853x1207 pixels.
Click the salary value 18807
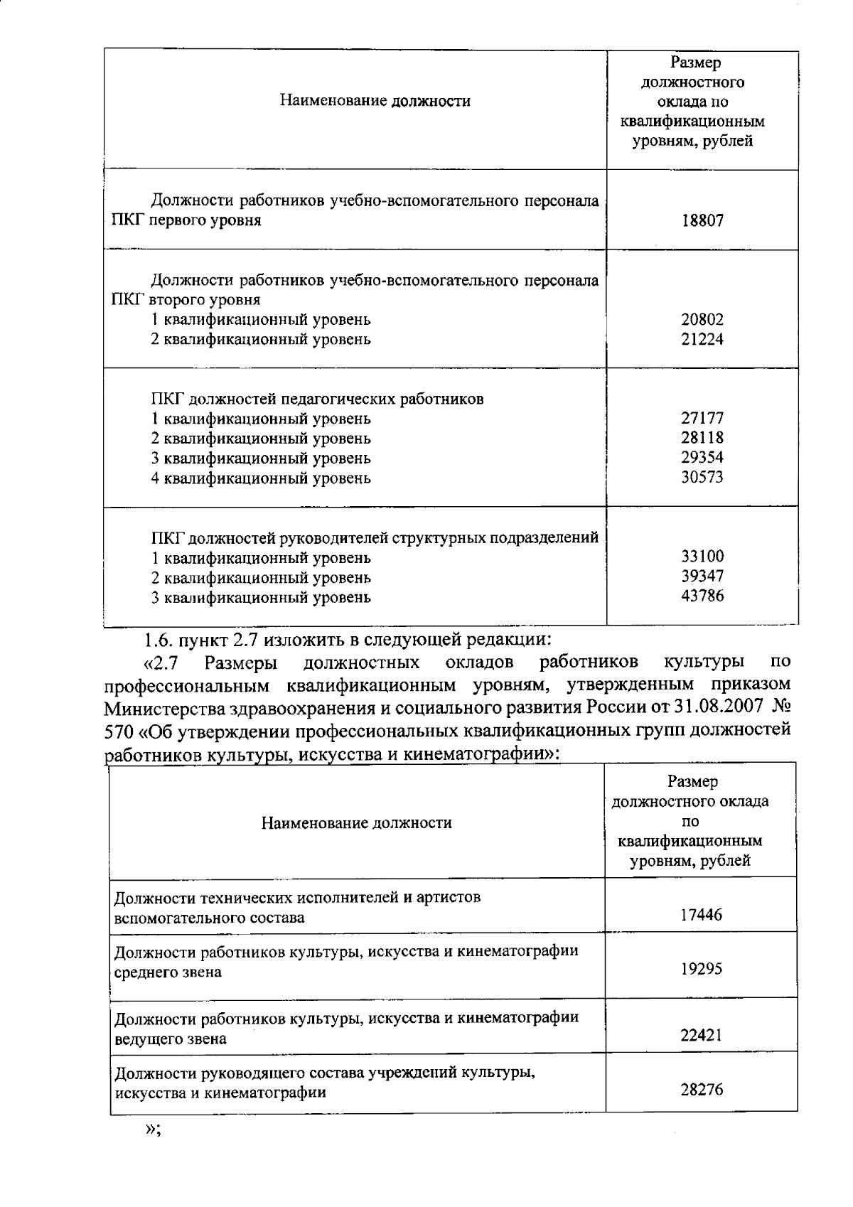[x=702, y=220]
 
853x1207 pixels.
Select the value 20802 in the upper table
[x=702, y=320]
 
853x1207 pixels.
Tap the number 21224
[x=702, y=339]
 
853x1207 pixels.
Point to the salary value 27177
[x=702, y=418]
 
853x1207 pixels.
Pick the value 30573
[x=702, y=477]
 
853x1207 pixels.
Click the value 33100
[x=702, y=557]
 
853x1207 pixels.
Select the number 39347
[x=702, y=576]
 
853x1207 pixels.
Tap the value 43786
[x=702, y=596]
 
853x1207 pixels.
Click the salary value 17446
[x=701, y=916]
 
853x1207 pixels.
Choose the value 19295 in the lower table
[x=701, y=969]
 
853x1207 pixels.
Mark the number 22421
[x=701, y=1036]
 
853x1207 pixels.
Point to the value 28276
[x=701, y=1089]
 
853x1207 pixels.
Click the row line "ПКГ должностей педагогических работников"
[x=317, y=399]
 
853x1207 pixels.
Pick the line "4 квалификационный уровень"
[x=260, y=478]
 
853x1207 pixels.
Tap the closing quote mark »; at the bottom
[x=153, y=1130]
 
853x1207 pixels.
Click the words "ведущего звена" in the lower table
[x=171, y=1039]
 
